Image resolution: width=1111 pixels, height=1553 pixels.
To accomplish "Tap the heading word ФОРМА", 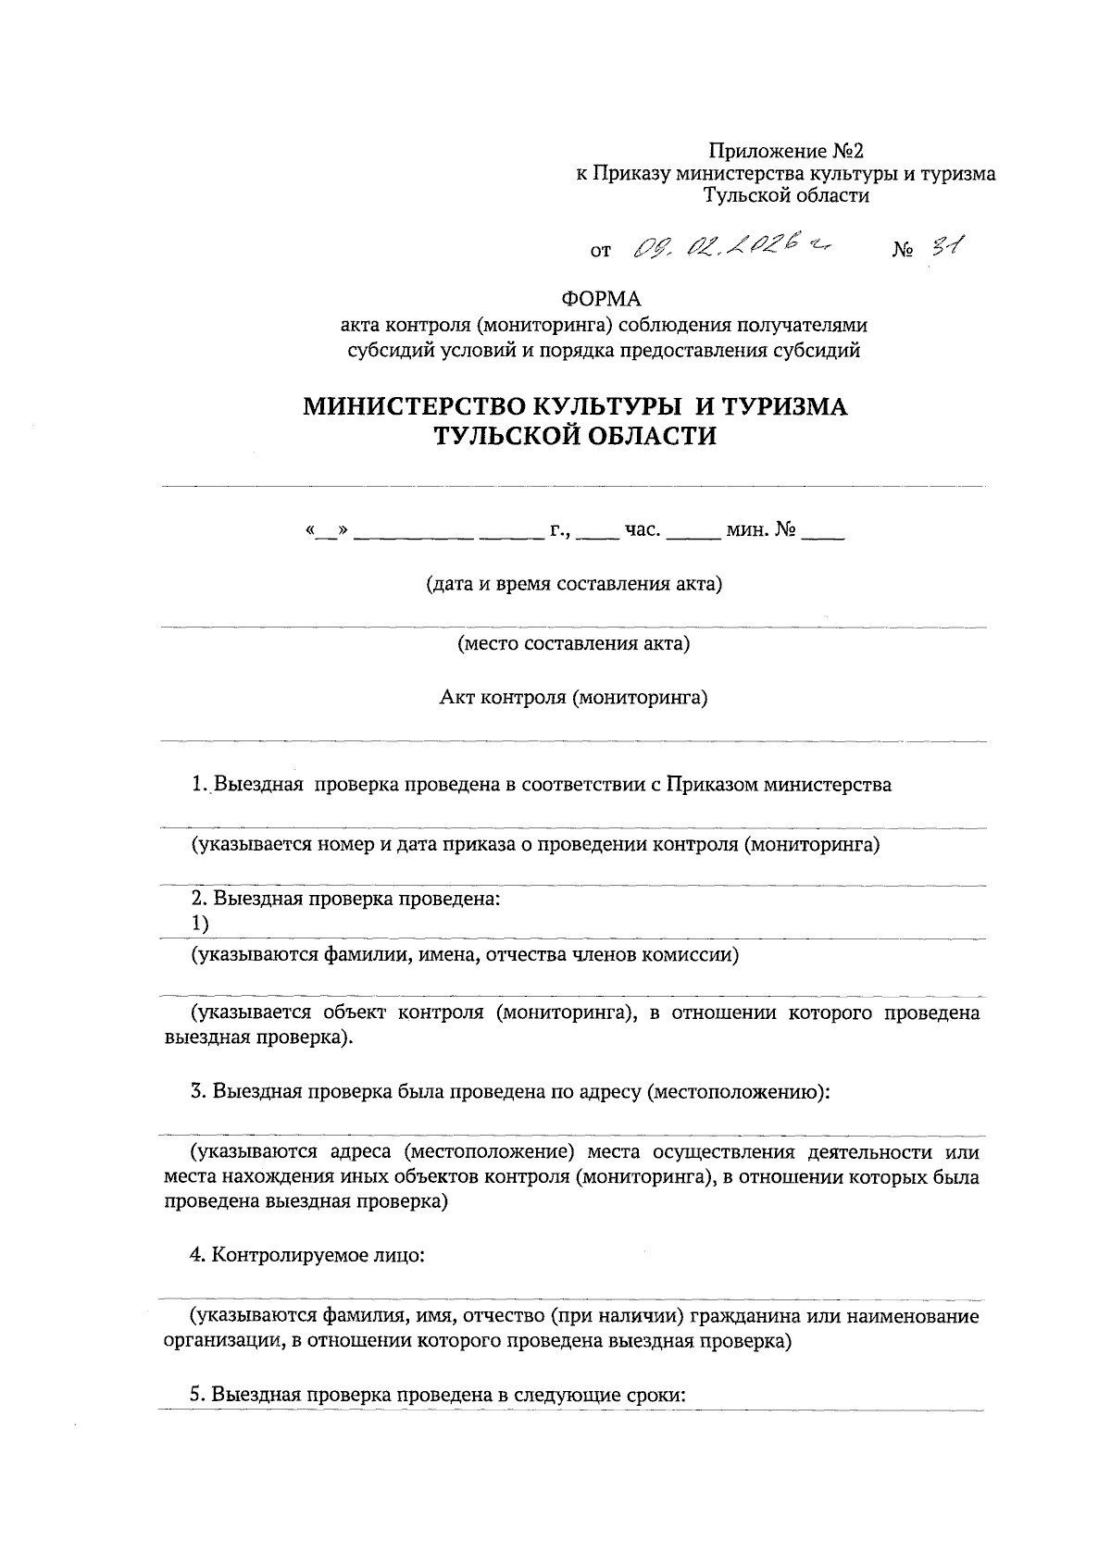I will coord(601,299).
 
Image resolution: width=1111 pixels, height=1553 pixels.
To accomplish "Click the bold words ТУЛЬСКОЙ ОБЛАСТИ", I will coord(576,436).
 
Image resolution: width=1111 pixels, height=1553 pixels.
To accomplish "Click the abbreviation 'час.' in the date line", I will coord(643,531).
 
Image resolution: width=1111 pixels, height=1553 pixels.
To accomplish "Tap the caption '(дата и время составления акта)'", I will coord(574,584).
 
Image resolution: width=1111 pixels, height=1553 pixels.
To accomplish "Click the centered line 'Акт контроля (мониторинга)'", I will coord(573,697).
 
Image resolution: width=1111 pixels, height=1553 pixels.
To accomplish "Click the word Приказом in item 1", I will coord(711,785).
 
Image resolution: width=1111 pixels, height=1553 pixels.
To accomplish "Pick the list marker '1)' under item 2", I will coord(201,924).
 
